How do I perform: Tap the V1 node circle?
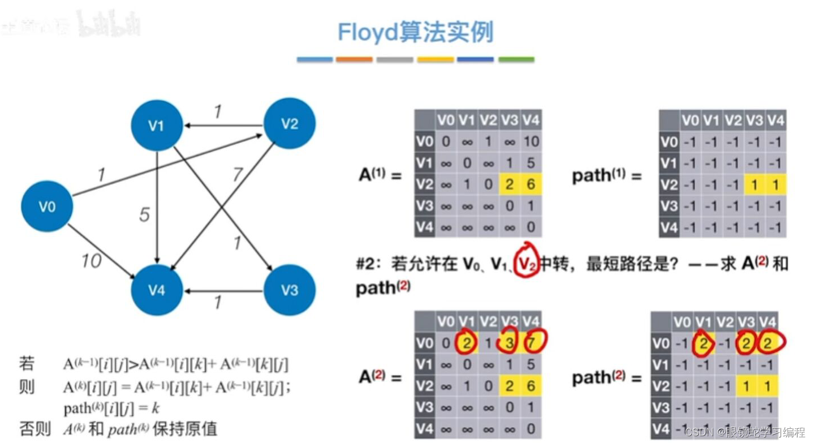click(x=156, y=126)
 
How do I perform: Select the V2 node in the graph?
click(x=290, y=124)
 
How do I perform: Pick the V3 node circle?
click(x=290, y=290)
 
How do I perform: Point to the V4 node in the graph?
click(x=157, y=290)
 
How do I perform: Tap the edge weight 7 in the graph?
click(x=238, y=175)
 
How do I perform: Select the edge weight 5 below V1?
click(x=145, y=214)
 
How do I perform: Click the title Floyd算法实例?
click(x=416, y=32)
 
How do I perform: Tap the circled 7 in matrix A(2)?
click(x=531, y=343)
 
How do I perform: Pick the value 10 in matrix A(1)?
click(x=531, y=141)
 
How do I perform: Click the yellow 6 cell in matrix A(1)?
click(x=531, y=184)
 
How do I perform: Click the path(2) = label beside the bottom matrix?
click(x=606, y=377)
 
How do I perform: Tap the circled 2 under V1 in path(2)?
click(x=703, y=343)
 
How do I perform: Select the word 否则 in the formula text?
click(x=34, y=428)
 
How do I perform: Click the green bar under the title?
click(x=516, y=59)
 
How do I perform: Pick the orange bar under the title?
click(x=354, y=59)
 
